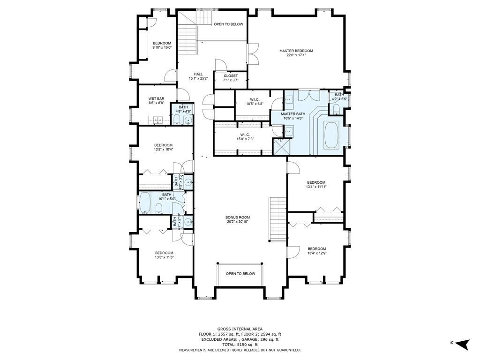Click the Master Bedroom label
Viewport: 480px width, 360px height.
coord(296,53)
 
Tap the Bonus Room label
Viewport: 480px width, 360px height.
coord(238,219)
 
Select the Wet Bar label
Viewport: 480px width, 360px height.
coord(157,101)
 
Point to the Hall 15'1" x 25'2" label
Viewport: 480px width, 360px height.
coord(198,76)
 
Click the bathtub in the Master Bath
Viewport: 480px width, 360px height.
coord(331,135)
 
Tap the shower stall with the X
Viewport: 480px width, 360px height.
coord(281,147)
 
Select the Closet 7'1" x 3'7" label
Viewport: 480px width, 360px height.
coord(231,78)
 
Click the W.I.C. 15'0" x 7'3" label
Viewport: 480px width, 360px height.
coord(245,137)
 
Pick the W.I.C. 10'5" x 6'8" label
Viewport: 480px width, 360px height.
coord(255,102)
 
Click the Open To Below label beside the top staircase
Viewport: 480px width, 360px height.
coord(228,24)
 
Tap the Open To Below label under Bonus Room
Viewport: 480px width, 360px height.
coord(240,274)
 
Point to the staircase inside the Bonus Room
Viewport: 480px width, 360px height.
coord(277,219)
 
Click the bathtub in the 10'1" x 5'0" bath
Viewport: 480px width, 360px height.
coord(145,202)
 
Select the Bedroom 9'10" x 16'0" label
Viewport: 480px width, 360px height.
coord(162,45)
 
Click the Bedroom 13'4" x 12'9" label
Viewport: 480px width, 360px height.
coord(316,251)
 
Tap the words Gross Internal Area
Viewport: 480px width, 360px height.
coord(240,329)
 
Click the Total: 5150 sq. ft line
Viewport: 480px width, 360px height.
coord(240,345)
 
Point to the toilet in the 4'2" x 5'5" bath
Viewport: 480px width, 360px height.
coord(336,109)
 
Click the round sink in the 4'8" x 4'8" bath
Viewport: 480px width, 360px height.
coord(188,120)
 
